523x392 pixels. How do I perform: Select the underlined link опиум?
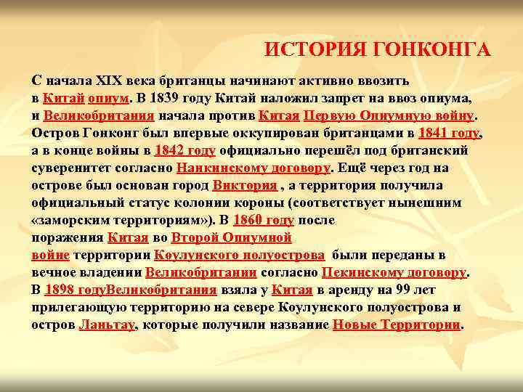110,97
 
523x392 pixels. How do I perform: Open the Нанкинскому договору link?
254,168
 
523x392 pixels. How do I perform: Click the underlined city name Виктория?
245,185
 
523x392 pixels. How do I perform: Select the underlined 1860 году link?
264,221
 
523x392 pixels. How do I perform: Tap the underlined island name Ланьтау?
107,326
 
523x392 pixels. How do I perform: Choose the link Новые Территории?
396,326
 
